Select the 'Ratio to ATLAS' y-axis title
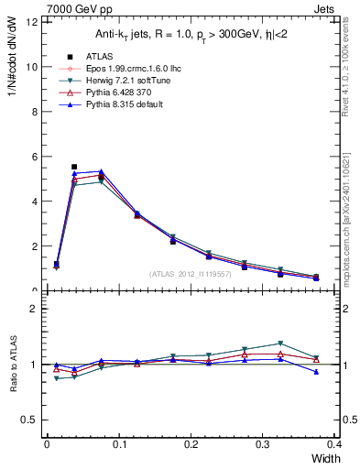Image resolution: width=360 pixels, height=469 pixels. point(14,364)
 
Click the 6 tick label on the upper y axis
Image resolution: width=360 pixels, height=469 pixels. point(33,157)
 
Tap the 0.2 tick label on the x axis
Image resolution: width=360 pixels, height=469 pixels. point(191,444)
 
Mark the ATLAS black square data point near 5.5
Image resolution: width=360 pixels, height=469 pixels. point(74,167)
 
